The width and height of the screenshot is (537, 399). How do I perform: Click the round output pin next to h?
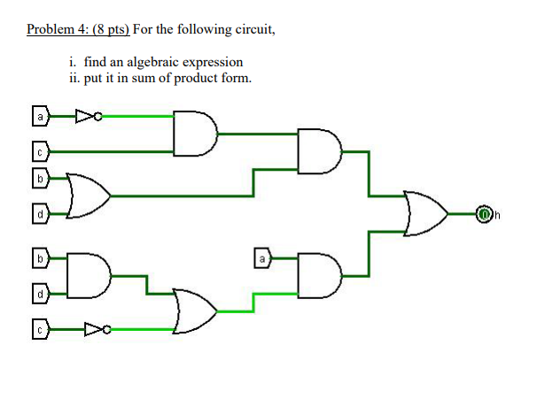click(x=484, y=213)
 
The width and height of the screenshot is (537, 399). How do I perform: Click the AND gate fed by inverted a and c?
click(x=195, y=133)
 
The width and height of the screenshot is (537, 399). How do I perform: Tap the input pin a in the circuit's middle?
click(x=261, y=259)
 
